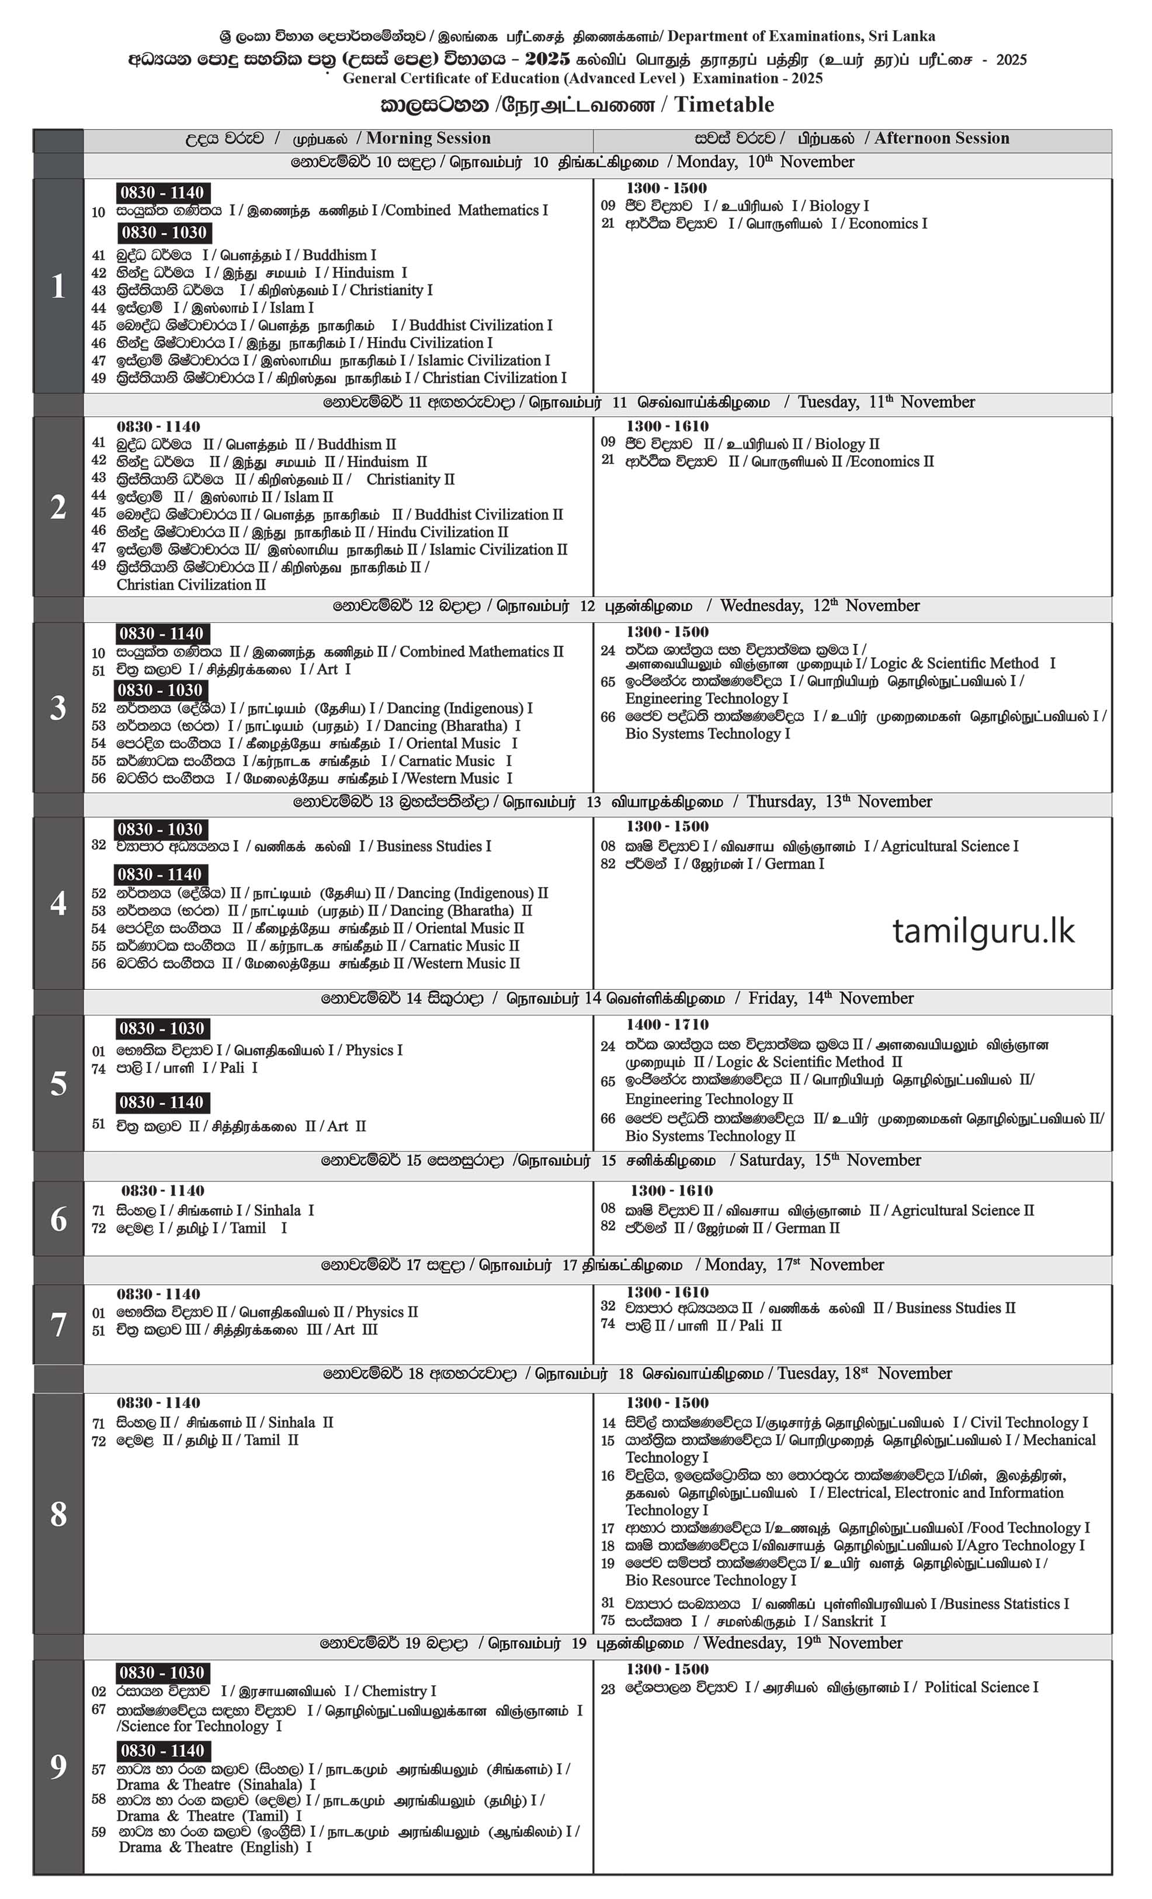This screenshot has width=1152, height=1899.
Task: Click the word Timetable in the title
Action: pos(724,105)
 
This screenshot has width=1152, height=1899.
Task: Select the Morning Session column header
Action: pos(428,138)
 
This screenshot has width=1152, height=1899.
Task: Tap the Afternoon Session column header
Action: pos(941,138)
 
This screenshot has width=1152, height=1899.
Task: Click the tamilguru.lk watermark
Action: pos(983,931)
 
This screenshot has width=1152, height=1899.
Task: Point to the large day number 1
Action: pos(58,287)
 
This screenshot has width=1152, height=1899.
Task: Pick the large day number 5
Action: pos(58,1084)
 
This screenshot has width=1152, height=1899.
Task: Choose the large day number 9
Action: pos(58,1766)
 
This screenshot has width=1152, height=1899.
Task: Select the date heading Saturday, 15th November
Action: pos(830,1160)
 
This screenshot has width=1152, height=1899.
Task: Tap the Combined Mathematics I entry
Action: pos(466,210)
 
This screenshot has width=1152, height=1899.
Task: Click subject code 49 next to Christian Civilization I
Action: pos(99,379)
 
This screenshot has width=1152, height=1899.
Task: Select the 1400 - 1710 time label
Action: pos(667,1025)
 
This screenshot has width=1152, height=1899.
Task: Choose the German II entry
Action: pos(807,1228)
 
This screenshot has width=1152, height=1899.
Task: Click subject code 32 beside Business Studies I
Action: pos(99,845)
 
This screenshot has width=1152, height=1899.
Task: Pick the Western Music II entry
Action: pos(467,964)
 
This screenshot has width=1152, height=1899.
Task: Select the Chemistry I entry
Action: pos(398,1691)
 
